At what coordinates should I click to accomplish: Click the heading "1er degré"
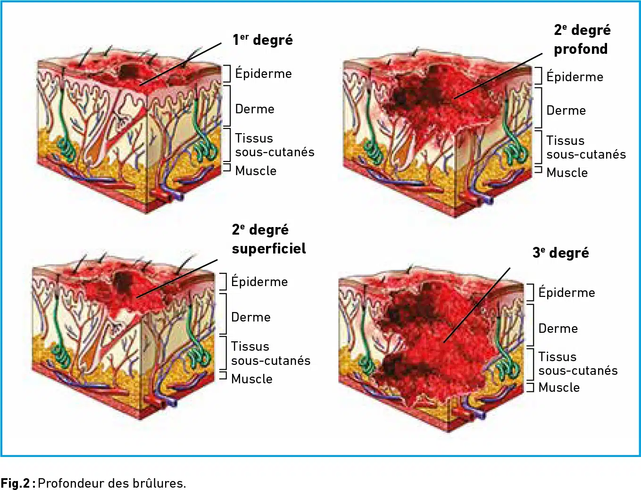coord(263,40)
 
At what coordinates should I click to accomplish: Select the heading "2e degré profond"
coord(582,40)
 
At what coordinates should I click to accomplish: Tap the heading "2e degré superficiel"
coord(269,239)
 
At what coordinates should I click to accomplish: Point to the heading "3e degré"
coord(561,253)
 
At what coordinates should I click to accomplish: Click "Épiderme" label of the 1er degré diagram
coord(263,73)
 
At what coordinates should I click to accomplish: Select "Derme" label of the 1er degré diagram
coord(255,109)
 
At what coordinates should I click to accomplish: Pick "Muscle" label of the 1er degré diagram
coord(256,170)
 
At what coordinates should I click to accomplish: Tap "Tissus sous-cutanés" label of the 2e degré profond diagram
coord(586,148)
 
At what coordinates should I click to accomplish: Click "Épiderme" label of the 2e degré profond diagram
coord(574,76)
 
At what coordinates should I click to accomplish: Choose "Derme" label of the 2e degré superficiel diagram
coord(251,317)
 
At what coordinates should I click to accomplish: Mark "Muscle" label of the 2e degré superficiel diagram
coord(252,379)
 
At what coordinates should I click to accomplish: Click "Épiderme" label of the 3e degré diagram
coord(567,292)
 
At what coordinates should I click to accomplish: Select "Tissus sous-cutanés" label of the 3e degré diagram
coord(578,363)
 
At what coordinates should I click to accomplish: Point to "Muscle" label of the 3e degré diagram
coord(559,388)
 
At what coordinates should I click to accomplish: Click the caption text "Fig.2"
coord(15,483)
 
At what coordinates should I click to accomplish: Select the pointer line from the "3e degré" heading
coord(477,305)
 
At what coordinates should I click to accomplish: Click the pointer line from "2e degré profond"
coord(499,76)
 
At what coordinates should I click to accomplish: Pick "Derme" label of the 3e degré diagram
coord(558,329)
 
